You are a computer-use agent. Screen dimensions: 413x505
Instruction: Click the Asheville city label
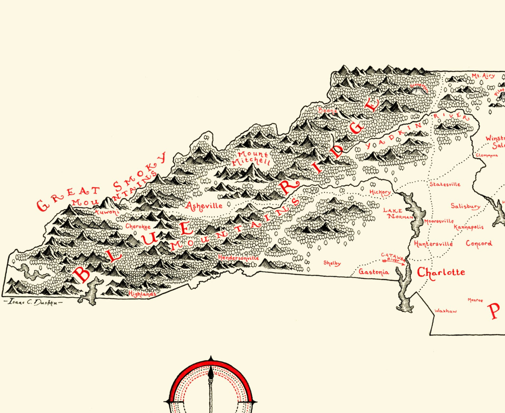point(204,206)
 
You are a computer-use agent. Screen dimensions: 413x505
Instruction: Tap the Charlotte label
point(441,272)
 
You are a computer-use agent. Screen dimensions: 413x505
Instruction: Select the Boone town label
point(327,111)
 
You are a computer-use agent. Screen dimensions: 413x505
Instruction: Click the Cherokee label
point(138,227)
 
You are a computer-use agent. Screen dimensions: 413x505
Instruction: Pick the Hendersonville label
point(238,258)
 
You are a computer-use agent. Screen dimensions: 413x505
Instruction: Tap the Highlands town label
point(142,294)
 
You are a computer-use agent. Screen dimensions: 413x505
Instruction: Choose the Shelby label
point(332,263)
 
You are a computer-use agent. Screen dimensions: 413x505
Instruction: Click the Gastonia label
point(374,272)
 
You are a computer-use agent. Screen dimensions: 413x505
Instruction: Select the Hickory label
point(380,192)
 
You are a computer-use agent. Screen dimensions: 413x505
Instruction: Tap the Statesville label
point(445,184)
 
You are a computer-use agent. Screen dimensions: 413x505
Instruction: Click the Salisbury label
point(465,206)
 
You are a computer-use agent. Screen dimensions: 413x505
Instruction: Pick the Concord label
point(479,243)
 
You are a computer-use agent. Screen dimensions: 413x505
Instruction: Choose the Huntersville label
point(433,244)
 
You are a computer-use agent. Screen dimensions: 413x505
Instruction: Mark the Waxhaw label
point(446,311)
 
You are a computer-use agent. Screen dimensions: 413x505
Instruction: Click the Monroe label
point(475,300)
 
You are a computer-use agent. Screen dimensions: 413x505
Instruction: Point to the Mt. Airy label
point(483,76)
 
